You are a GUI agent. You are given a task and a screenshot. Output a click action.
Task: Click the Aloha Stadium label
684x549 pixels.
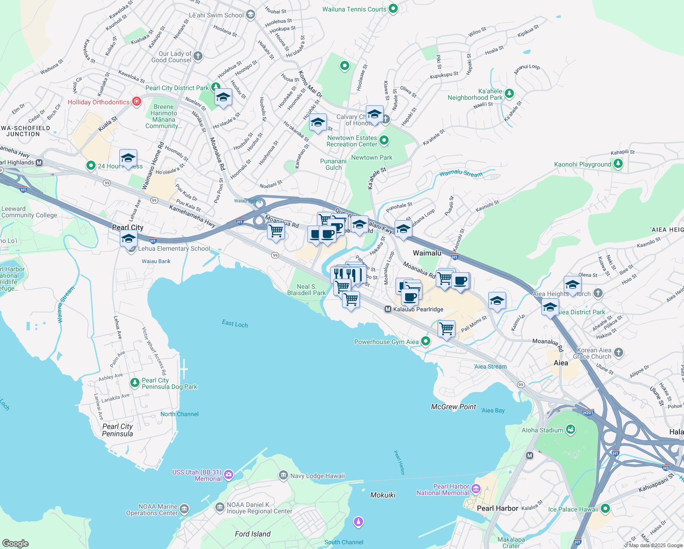542,430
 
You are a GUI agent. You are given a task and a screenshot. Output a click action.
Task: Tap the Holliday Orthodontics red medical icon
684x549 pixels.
136,102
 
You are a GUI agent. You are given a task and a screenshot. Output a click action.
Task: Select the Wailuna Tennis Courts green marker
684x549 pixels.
393,9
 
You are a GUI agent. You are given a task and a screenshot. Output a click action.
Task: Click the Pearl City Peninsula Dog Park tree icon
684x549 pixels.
134,382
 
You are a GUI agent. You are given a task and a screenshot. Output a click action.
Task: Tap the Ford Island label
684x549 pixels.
252,534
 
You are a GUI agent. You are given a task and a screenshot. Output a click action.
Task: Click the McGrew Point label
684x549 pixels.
454,407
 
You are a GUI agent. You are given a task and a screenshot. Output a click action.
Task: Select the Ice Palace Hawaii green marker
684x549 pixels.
605,508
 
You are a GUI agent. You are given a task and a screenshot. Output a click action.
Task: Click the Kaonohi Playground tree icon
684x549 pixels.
618,164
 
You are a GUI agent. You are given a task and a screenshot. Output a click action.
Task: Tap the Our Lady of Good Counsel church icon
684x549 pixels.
198,56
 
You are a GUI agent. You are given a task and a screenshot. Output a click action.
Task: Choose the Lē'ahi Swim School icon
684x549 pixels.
250,15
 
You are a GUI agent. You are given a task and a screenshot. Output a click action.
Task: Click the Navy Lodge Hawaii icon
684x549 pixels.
283,475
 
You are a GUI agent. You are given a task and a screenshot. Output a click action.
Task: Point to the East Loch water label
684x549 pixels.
235,324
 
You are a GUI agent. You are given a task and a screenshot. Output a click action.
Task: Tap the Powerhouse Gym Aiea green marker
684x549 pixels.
426,341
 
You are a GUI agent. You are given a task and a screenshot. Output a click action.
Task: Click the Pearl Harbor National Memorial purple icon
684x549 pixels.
476,490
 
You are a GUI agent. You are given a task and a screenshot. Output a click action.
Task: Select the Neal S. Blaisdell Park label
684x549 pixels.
306,290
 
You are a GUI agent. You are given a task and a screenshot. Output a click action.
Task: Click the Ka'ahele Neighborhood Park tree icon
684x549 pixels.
509,94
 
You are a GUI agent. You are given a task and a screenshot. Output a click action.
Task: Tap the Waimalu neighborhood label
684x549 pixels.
427,253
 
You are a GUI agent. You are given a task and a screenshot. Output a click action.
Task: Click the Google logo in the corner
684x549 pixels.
16,543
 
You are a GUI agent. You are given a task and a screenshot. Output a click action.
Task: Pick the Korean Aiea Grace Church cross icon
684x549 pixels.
618,352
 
